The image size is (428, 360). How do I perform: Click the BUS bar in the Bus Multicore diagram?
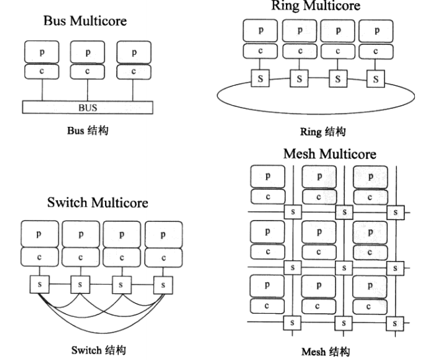pyautogui.click(x=87, y=106)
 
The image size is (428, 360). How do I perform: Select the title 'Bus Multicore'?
pyautogui.click(x=85, y=21)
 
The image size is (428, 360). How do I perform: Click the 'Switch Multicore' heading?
pyautogui.click(x=97, y=203)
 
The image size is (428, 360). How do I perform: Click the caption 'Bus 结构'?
pyautogui.click(x=87, y=131)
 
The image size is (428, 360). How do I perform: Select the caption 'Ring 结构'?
pyautogui.click(x=322, y=131)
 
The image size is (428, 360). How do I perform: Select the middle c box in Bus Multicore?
pyautogui.click(x=87, y=71)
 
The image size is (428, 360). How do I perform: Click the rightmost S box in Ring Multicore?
pyautogui.click(x=377, y=80)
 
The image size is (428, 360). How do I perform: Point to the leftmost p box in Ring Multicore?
pyautogui.click(x=260, y=30)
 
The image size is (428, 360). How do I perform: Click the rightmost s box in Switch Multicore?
pyautogui.click(x=162, y=285)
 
